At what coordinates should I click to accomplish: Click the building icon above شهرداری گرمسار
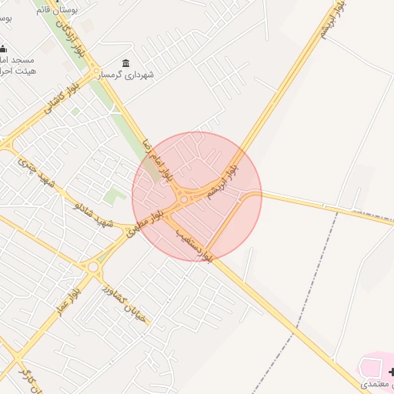pyautogui.click(x=125, y=63)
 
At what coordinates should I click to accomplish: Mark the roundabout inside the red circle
pyautogui.click(x=184, y=200)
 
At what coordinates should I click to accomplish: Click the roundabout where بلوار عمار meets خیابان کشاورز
pyautogui.click(x=93, y=267)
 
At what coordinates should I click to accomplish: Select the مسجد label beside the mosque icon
pyautogui.click(x=15, y=59)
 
